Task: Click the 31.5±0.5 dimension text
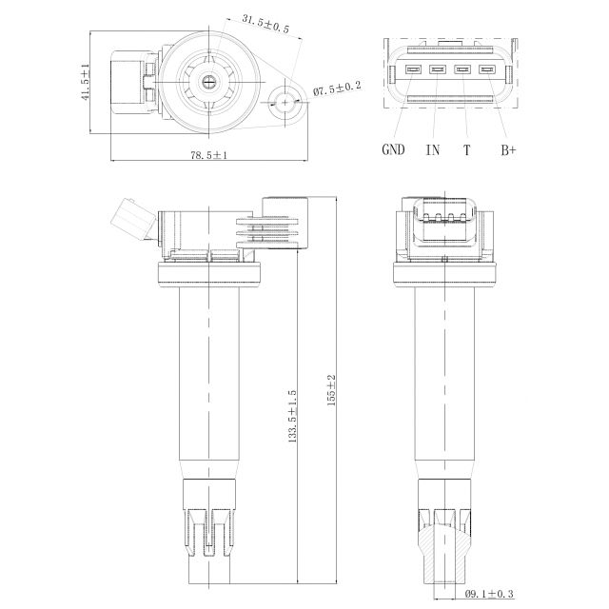tap(265, 24)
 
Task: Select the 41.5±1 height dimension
tap(86, 83)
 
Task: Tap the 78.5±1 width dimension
tap(208, 155)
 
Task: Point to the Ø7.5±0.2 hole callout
tap(337, 88)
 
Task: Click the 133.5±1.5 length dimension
tap(292, 417)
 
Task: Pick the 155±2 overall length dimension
tap(331, 390)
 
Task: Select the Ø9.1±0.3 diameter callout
tap(489, 594)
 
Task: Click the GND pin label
tap(393, 149)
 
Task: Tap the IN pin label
tap(433, 150)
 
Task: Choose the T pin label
tap(467, 150)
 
